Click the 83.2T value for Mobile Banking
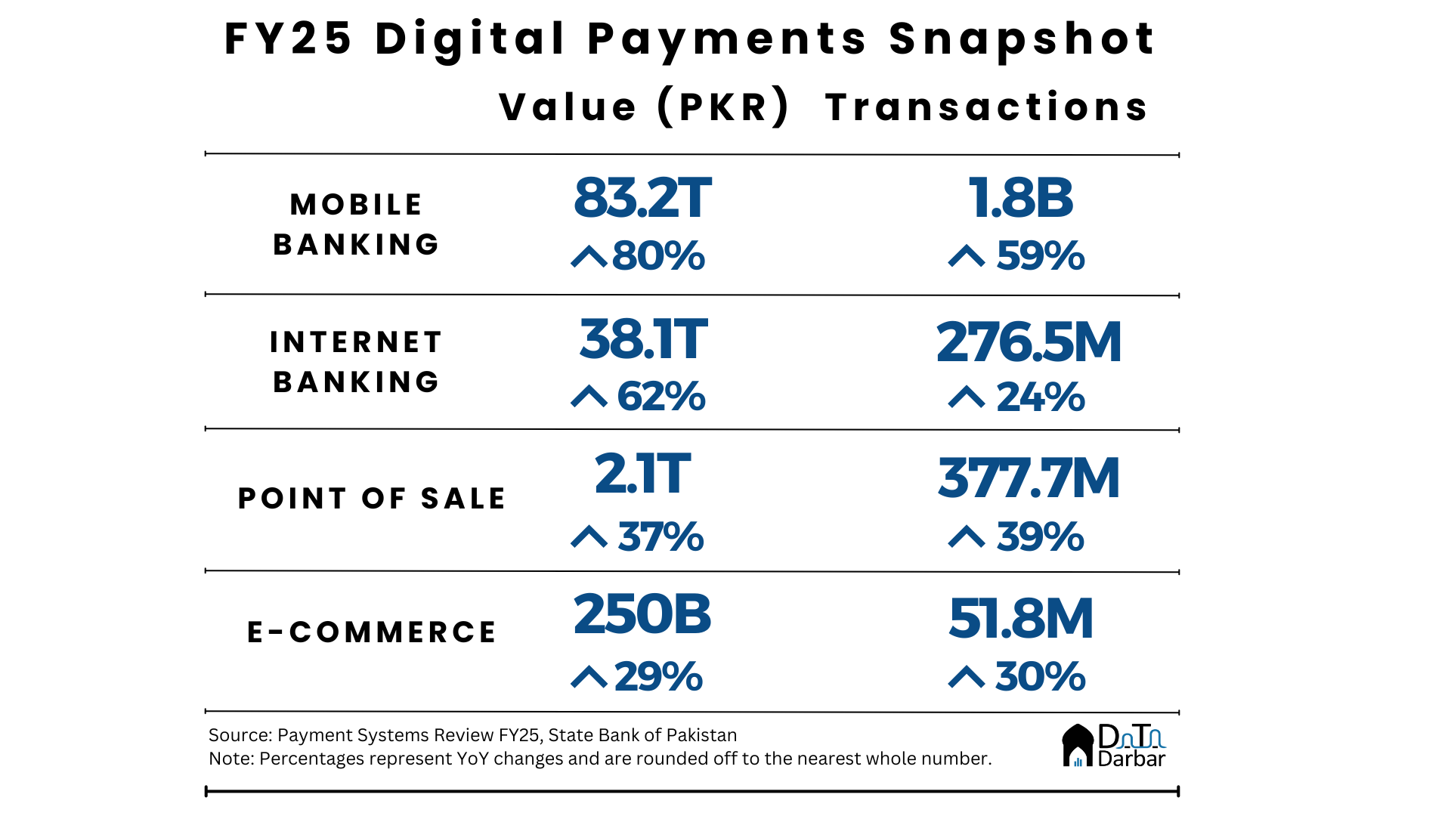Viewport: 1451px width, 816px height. coord(642,199)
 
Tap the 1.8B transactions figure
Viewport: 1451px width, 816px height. coord(1020,199)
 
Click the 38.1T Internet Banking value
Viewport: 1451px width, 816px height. coord(643,339)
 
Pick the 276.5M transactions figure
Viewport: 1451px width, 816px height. coord(1029,342)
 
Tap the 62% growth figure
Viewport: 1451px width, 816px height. coord(661,396)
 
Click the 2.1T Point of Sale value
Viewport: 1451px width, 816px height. coord(642,474)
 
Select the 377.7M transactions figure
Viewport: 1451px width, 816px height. coord(1029,478)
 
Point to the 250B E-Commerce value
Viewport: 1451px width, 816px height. coord(642,614)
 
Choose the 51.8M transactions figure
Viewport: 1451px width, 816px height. coord(1021,619)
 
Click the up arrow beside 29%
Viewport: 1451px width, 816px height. coord(589,677)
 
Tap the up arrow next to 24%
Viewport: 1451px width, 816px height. coord(967,397)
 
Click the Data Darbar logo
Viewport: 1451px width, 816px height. coord(1114,746)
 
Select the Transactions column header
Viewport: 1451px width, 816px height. coord(986,107)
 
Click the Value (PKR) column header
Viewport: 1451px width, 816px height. coord(645,107)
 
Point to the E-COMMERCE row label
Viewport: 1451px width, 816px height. coord(372,632)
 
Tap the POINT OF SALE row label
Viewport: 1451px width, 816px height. coord(372,499)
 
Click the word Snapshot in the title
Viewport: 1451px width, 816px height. coord(1022,39)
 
